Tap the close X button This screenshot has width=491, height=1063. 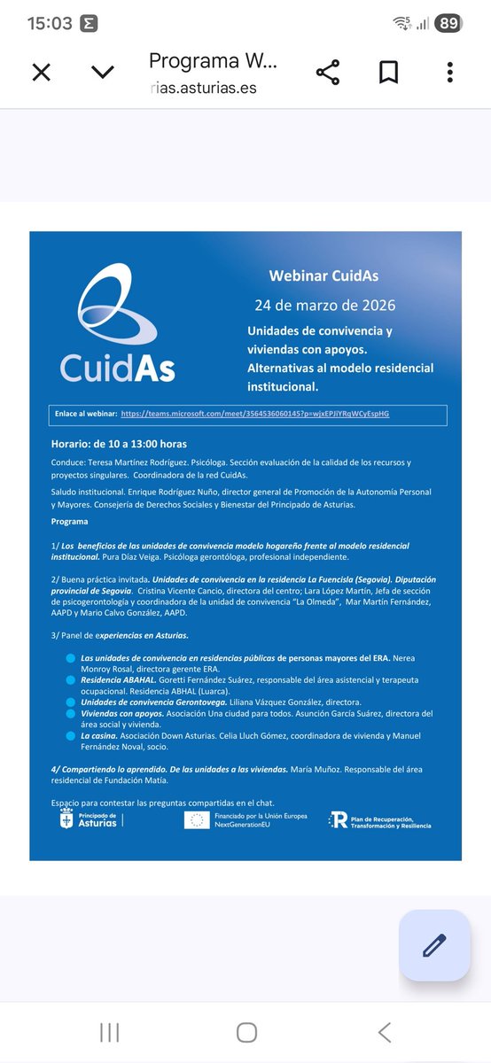pos(41,72)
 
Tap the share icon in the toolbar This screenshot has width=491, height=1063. pos(328,72)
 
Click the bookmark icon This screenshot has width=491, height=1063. pos(388,72)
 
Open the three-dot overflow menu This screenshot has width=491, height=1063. pos(450,72)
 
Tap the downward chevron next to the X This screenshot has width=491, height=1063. pos(103,72)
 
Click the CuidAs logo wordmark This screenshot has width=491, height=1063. pos(117,365)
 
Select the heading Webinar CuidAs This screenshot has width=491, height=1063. pos(323,276)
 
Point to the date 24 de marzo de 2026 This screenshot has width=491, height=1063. pos(324,306)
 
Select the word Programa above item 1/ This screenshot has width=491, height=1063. pos(70,522)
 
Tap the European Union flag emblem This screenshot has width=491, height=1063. pos(197,820)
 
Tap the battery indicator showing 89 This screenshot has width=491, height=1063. pos(448,24)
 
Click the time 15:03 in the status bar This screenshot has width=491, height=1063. pos(50,24)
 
